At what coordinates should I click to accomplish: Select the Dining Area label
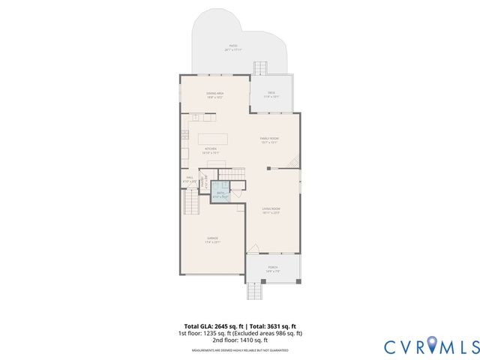click(x=215, y=94)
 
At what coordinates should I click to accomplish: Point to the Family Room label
click(x=269, y=140)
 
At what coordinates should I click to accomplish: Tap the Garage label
click(x=214, y=240)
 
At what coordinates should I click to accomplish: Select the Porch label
click(x=273, y=268)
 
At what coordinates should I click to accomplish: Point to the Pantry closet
click(x=202, y=180)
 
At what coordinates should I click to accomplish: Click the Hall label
click(x=190, y=179)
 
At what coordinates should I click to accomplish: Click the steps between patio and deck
click(x=259, y=67)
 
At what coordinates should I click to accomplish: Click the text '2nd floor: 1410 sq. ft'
click(x=240, y=340)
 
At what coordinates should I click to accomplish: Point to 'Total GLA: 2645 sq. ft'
click(x=211, y=327)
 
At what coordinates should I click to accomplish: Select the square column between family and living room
click(x=268, y=169)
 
